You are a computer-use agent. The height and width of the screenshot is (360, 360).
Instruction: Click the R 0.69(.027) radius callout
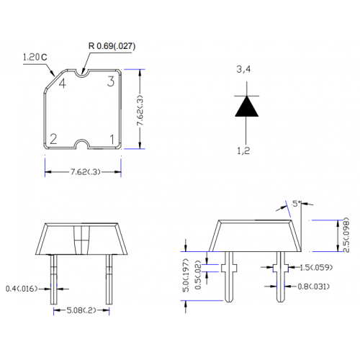point(112,46)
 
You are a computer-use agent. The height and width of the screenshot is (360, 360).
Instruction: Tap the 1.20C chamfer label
point(35,57)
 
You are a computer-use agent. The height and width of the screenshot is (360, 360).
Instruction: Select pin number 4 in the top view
point(63,84)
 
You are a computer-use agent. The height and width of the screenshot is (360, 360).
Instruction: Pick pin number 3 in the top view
point(111,81)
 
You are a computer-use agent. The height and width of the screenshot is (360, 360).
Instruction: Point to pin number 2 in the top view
point(53,139)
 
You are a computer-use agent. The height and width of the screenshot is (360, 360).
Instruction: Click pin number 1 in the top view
point(112,139)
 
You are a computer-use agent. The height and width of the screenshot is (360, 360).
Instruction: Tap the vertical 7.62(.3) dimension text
point(140,110)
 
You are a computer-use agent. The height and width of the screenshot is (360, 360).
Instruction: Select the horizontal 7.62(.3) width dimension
point(85,172)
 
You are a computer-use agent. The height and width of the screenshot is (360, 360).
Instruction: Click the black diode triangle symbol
point(246,107)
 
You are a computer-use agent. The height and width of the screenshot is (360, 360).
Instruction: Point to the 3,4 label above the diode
point(243,69)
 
